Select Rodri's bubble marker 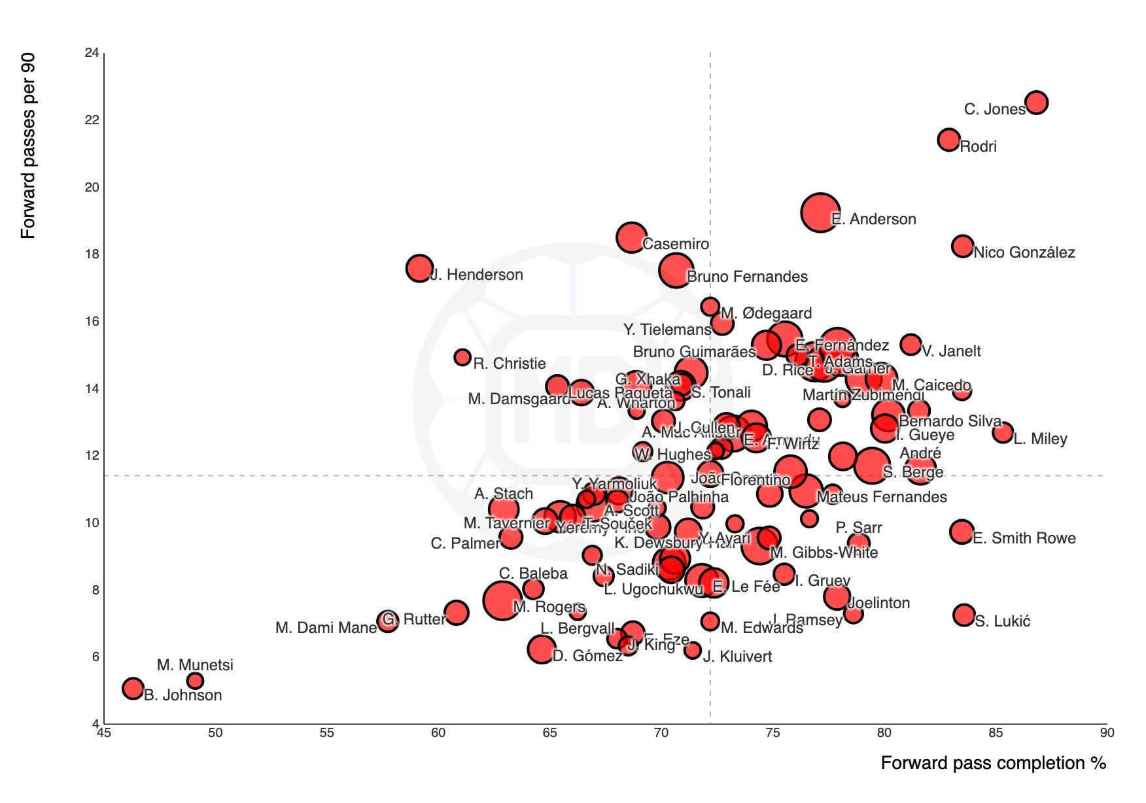point(948,139)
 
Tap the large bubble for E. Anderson point(820,213)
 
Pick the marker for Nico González point(962,247)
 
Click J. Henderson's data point point(419,267)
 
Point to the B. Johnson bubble point(133,688)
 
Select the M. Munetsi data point point(195,681)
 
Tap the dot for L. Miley point(1002,432)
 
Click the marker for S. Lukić point(964,615)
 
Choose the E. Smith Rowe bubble point(962,532)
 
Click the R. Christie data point point(462,357)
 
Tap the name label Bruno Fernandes point(747,277)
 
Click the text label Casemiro point(676,245)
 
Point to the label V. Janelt point(951,352)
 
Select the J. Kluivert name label point(737,657)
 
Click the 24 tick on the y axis point(92,53)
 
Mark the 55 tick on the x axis point(326,733)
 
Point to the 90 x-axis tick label point(1106,733)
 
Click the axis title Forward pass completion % point(993,763)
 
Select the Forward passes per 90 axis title point(28,146)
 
